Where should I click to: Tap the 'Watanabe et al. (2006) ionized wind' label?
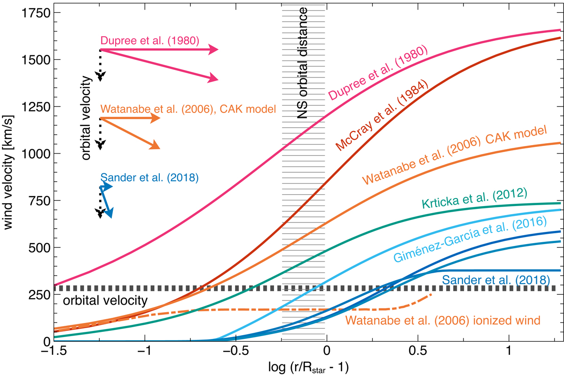[x=442, y=320]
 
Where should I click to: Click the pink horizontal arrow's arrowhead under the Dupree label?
[x=214, y=50]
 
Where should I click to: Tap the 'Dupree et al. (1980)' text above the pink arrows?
[x=150, y=41]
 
